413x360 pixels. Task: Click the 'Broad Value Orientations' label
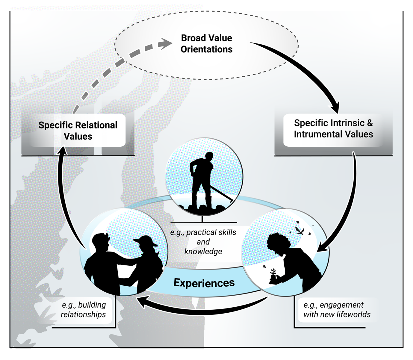point(206,43)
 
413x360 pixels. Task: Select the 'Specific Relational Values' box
point(78,131)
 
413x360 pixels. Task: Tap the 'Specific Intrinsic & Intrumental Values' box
point(333,128)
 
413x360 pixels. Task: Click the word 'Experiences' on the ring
point(204,283)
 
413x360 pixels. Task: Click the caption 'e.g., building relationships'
point(83,310)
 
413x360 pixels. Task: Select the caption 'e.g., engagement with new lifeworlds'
point(337,310)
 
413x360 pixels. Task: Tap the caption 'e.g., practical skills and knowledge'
point(203,242)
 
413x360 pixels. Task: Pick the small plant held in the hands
point(273,274)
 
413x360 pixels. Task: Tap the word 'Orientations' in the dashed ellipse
point(206,49)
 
